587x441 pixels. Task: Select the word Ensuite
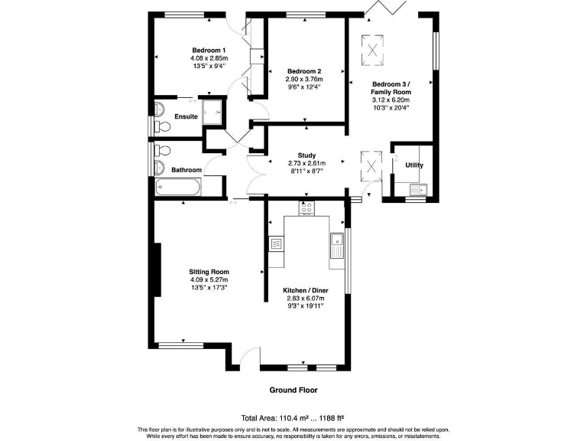tap(186, 117)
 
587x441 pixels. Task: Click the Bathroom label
tap(186, 170)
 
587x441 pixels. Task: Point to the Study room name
tap(306, 155)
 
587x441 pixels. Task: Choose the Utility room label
tap(413, 165)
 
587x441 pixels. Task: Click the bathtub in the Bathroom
tap(177, 187)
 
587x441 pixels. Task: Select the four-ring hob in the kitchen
tap(306, 207)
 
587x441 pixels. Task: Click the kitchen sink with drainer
tap(336, 245)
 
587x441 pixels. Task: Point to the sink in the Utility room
tap(417, 190)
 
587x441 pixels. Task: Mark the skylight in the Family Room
tap(373, 50)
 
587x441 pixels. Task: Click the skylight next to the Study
tap(372, 162)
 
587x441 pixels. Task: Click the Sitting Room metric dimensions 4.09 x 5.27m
tap(209, 279)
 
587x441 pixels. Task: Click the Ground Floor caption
tap(293, 390)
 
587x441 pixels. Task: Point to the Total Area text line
tap(293, 418)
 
